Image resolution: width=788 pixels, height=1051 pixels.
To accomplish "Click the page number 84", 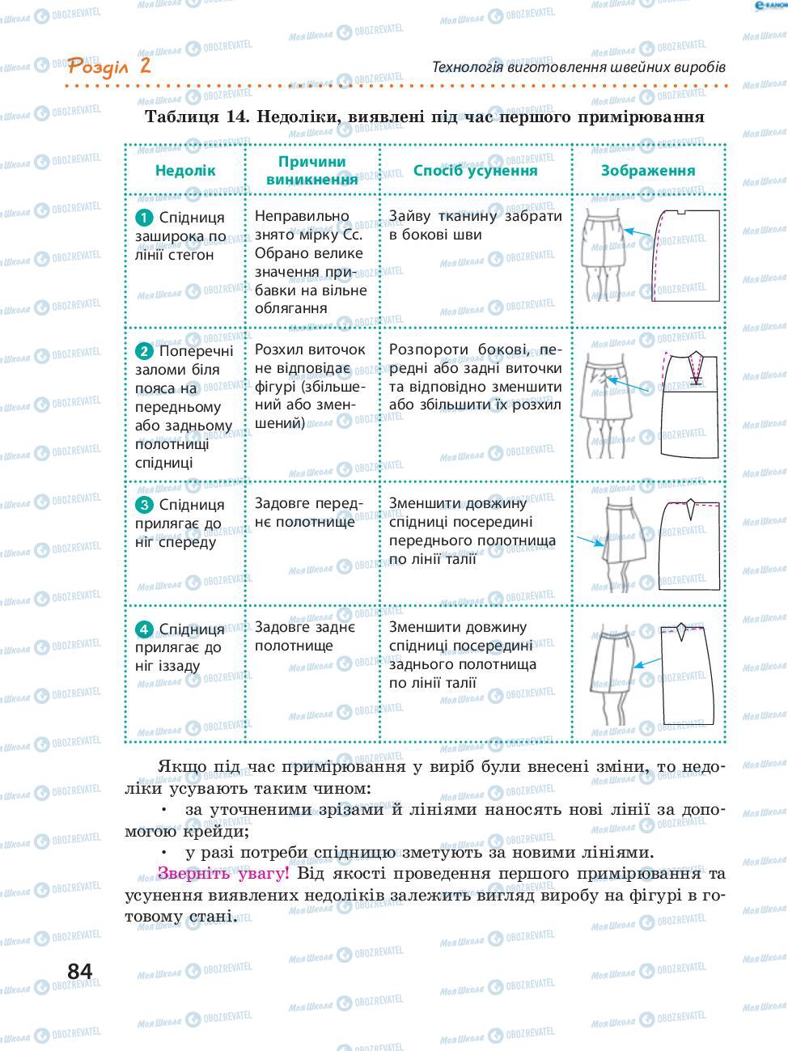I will (80, 970).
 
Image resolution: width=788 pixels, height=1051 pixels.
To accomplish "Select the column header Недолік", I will (185, 171).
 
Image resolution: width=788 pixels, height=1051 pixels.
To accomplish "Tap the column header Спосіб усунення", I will (475, 171).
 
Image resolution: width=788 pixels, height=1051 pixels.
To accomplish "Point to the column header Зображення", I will (647, 171).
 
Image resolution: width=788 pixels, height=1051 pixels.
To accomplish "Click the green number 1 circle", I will (144, 217).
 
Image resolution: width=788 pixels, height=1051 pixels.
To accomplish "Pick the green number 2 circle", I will (144, 351).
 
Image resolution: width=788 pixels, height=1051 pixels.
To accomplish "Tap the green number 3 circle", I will (144, 505).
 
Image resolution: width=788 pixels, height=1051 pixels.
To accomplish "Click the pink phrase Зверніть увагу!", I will (222, 873).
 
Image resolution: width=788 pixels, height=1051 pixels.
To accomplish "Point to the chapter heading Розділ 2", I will (110, 66).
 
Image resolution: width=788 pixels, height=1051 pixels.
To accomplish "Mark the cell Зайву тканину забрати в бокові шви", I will (475, 226).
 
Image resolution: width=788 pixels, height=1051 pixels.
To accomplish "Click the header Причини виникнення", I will (311, 171).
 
